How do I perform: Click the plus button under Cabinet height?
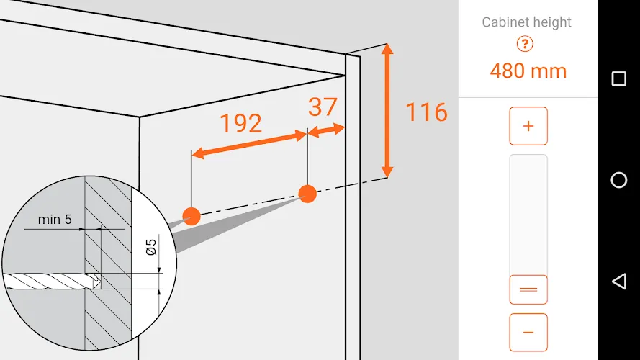click(528, 126)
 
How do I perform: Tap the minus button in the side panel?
click(528, 332)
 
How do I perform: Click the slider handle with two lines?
click(528, 289)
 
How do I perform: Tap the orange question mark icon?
click(525, 44)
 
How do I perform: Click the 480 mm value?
click(528, 71)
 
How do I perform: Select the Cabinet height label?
click(526, 22)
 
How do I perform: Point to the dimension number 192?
click(241, 123)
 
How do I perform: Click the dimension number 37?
click(323, 107)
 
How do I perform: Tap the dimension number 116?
click(426, 112)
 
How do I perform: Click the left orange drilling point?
click(191, 216)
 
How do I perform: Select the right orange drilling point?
click(307, 194)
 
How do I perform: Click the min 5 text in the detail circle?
click(55, 220)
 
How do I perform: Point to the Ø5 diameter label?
click(151, 247)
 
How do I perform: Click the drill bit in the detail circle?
click(52, 282)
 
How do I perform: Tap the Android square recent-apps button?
click(619, 78)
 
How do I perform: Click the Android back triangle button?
click(619, 282)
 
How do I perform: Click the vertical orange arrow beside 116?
click(387, 110)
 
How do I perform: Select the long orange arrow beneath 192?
click(249, 145)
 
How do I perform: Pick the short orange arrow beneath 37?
click(326, 130)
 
